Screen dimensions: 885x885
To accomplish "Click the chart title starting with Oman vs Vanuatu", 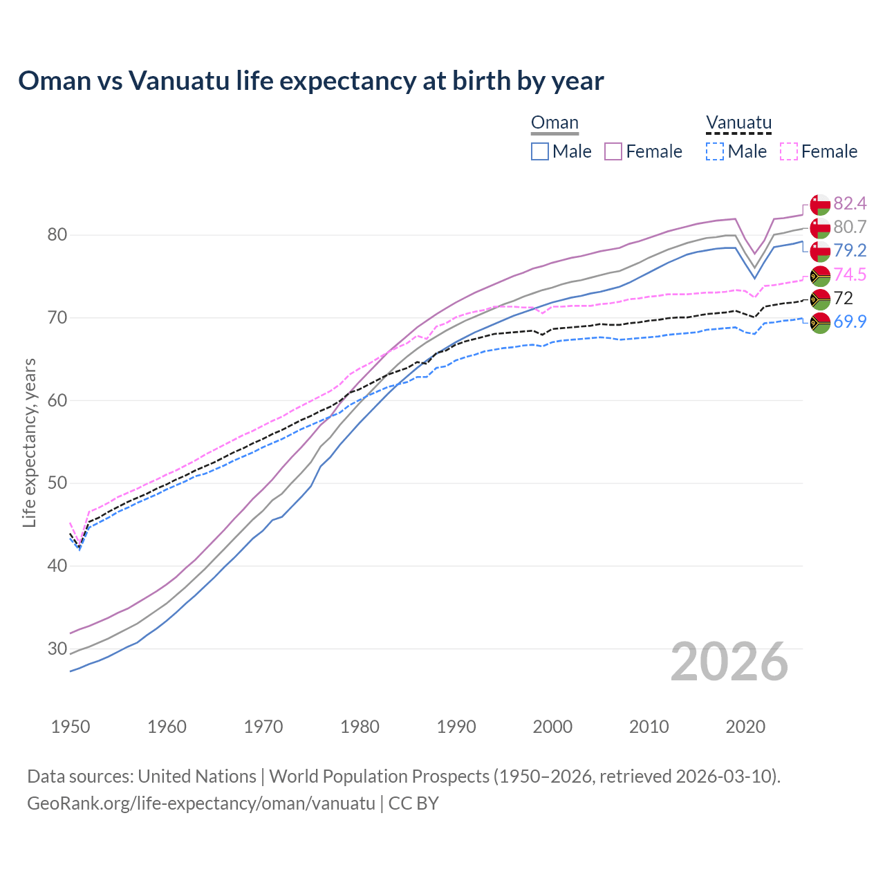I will click(311, 81).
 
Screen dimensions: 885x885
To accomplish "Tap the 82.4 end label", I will click(850, 203).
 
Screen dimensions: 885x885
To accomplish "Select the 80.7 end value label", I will click(850, 227).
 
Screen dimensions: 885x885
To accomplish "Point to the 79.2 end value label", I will click(850, 250).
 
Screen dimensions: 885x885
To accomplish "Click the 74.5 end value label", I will click(850, 274).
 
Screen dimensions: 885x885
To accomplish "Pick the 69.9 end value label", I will click(850, 322).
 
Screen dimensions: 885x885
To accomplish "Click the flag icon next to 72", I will click(820, 299).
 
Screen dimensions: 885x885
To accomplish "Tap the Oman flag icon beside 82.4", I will click(820, 204).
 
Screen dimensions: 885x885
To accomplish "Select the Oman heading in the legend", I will click(555, 123).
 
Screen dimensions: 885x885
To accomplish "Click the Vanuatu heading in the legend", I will click(738, 123).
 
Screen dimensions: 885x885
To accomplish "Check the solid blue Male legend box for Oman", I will click(540, 151).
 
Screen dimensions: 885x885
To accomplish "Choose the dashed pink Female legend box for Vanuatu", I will click(789, 151).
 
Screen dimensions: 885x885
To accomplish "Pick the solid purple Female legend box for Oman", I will click(613, 151).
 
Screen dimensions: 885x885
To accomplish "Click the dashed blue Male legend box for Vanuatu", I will click(715, 151).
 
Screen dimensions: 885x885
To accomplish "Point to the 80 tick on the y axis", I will click(57, 235).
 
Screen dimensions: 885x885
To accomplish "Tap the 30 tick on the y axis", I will click(57, 649).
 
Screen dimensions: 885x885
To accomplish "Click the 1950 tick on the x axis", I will click(71, 727).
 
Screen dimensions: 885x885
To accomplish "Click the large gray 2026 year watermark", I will click(729, 662).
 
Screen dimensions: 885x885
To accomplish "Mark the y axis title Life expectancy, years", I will click(29, 442).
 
